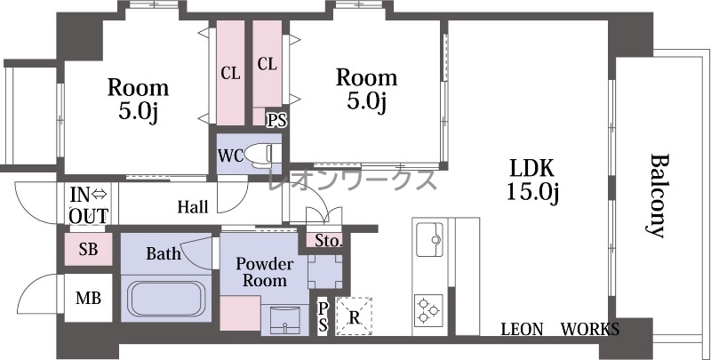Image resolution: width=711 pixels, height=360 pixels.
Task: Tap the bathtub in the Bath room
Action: pos(166,299)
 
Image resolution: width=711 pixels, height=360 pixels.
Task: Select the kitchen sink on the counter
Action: pos(429,239)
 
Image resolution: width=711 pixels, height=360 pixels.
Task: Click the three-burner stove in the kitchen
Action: pos(428,310)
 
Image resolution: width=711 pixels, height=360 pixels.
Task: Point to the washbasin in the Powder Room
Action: pos(284,319)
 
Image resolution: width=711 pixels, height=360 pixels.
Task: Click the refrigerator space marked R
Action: pos(354,316)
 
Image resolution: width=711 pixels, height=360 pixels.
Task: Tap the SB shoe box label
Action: pos(88,249)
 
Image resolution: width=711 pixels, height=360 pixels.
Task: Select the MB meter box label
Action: pos(88,299)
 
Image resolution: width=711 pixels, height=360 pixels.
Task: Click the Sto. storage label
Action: pos(329,241)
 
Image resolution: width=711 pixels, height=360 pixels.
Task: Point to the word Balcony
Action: pos(659,196)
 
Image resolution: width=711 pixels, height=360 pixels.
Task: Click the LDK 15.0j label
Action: pos(532,180)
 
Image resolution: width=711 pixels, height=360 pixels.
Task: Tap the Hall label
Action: pos(193,207)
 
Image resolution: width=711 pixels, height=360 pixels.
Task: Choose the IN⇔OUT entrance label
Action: pos(89,206)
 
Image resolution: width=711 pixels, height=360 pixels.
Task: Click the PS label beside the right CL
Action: pos(276,120)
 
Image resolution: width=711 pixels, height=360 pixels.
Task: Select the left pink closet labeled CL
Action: pos(230,73)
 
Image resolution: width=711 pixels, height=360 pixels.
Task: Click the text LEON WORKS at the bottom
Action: pos(560,329)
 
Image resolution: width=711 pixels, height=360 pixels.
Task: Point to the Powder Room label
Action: pos(265,272)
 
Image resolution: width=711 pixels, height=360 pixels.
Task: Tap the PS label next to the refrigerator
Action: pos(323,316)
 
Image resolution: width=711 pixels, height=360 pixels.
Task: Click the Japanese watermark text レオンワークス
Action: pos(352,180)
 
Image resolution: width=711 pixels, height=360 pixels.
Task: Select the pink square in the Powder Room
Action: pos(240,313)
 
